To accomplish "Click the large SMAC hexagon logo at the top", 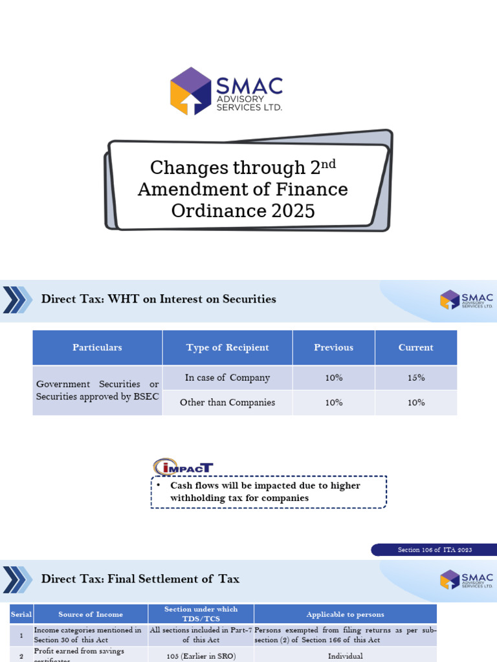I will (191, 91).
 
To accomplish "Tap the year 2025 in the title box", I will (288, 211).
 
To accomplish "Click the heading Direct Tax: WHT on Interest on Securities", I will (159, 299).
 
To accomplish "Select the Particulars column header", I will (97, 348).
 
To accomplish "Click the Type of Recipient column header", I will (227, 348).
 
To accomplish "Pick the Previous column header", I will (333, 348).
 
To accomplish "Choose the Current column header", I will (415, 348).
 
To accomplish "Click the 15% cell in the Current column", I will (415, 378).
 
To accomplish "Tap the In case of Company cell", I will (227, 378).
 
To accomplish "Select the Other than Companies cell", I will (227, 403).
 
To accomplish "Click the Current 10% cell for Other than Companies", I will (415, 403).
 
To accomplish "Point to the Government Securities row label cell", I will (97, 390).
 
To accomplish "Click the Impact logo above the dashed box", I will (183, 467).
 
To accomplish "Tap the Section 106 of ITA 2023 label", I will (434, 550).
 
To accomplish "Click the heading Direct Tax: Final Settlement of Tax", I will (140, 579).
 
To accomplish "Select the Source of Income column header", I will (90, 614).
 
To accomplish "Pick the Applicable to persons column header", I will (345, 614).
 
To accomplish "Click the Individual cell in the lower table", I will (345, 656).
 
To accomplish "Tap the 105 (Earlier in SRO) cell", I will (201, 656).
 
